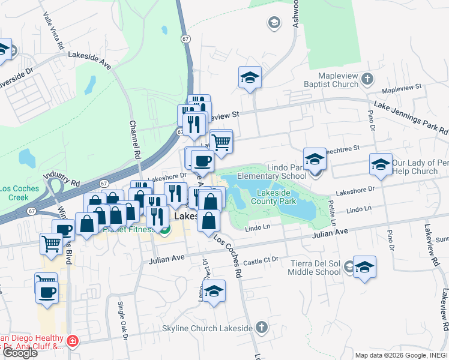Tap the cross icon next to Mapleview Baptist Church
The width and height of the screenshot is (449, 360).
[x=367, y=79]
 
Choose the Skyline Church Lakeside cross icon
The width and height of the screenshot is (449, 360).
[x=260, y=327]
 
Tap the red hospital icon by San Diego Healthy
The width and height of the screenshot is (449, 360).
[x=73, y=341]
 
